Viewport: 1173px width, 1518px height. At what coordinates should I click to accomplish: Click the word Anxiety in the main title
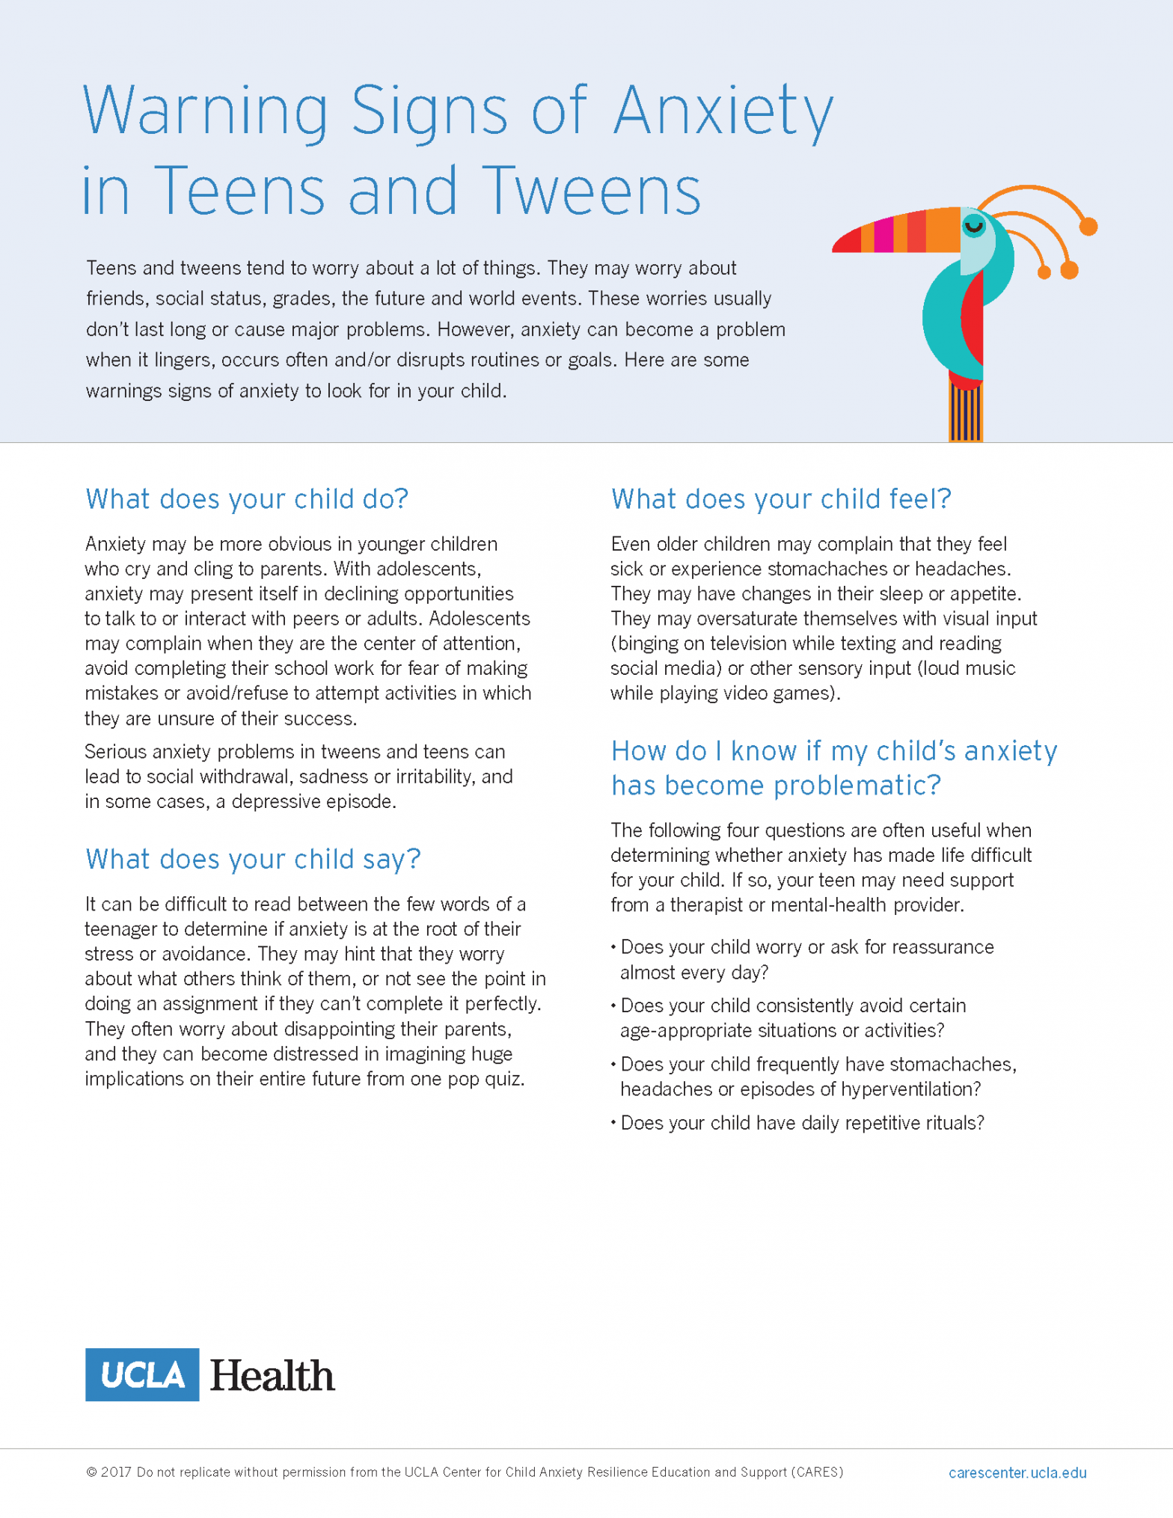723,112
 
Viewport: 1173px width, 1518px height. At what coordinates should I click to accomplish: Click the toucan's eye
973,224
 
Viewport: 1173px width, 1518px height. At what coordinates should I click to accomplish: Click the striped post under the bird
965,414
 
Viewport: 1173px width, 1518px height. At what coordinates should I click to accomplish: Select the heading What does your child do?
247,499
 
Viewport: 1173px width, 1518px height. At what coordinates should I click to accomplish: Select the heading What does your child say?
253,859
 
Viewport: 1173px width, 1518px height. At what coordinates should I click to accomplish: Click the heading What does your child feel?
780,499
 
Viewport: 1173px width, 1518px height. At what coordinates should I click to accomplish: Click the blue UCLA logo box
142,1374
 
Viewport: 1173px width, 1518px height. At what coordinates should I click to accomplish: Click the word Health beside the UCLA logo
272,1376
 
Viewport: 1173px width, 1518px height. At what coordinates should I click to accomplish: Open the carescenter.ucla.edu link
1017,1472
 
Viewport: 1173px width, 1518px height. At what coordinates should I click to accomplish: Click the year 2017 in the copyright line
116,1472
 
